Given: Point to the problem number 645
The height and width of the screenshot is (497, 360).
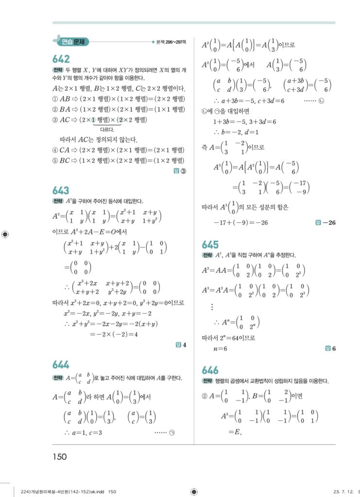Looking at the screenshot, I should click(x=210, y=245).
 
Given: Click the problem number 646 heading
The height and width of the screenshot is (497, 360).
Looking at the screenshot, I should click(x=210, y=370).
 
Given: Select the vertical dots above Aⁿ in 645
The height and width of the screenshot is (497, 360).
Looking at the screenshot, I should click(x=212, y=307).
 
